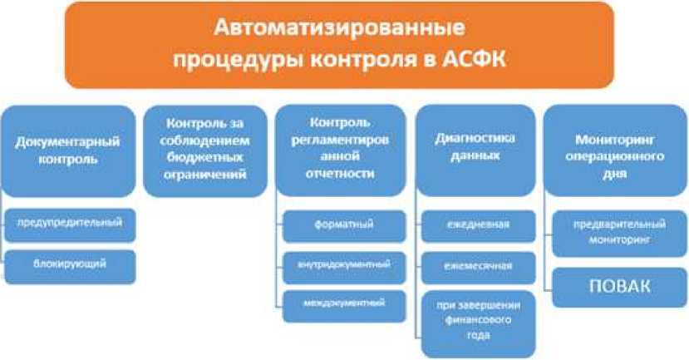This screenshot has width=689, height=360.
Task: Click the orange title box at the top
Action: (x=339, y=45)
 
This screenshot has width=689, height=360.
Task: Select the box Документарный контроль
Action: (x=68, y=150)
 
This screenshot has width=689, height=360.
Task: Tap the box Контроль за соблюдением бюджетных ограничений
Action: (x=205, y=150)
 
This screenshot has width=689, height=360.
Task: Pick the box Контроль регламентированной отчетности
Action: (x=341, y=150)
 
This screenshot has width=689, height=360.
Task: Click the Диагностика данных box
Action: (x=475, y=150)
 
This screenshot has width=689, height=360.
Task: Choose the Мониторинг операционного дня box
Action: (x=615, y=150)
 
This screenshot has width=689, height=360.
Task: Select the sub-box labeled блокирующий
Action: (x=70, y=266)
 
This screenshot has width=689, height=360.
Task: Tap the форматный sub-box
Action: (x=344, y=226)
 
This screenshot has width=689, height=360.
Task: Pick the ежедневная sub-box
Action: (x=479, y=226)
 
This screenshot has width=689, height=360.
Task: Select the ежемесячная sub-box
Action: (x=479, y=267)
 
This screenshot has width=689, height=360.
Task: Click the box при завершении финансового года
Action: (x=479, y=323)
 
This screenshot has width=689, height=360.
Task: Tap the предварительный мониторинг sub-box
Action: (x=619, y=234)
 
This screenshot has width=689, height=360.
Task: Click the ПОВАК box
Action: (x=619, y=287)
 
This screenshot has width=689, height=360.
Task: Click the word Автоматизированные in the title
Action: (x=339, y=27)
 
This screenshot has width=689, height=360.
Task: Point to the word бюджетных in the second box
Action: (x=204, y=157)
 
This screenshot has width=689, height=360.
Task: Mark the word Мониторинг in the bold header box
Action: (x=615, y=140)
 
